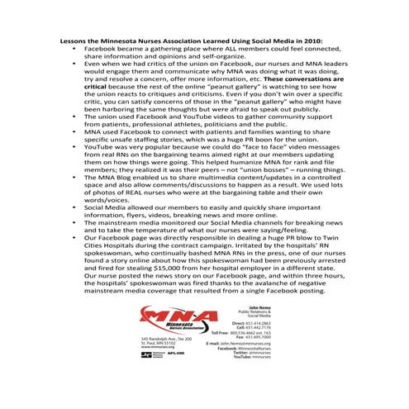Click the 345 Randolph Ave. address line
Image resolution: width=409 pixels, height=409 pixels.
(x=166, y=338)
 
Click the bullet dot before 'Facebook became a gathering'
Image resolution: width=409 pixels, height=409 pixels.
(x=69, y=48)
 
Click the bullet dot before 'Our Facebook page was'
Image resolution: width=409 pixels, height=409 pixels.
(x=69, y=236)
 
